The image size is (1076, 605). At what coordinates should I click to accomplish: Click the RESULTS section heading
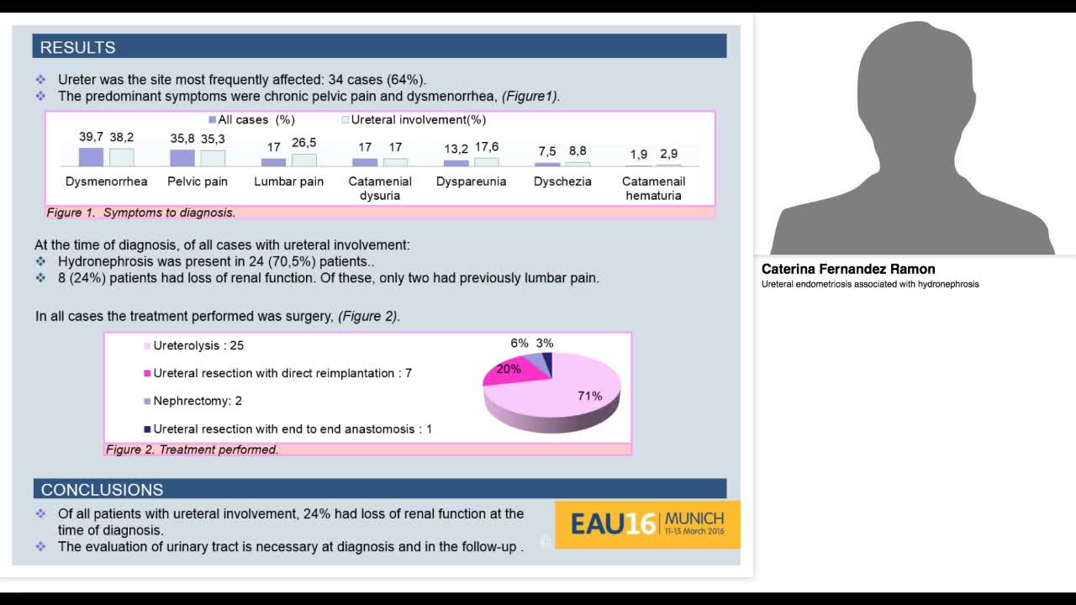point(78,47)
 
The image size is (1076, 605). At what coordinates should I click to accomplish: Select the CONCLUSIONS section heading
point(102,489)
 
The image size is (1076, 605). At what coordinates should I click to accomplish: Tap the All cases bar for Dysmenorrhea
point(91,157)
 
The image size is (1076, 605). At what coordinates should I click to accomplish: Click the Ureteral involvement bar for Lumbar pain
point(304,160)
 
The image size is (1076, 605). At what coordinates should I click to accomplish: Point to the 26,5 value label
point(304,143)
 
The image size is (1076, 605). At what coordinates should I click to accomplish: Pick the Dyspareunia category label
point(471,181)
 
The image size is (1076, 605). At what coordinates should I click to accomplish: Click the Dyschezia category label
point(562,181)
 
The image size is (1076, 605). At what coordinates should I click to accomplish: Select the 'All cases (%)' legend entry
point(251,120)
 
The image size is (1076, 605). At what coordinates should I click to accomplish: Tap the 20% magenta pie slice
point(508,371)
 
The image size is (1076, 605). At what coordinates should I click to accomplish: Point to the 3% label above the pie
point(545,343)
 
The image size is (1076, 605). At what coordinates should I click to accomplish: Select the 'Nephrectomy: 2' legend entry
point(197,401)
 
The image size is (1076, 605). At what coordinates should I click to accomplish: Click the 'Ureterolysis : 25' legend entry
point(198,345)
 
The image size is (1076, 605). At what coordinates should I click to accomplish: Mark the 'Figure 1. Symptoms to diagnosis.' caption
point(141,213)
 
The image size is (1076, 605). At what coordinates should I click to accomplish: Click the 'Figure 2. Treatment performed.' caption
point(192,450)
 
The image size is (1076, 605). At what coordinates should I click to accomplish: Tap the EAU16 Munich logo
point(647,524)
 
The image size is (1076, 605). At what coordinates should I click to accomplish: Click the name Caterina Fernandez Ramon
point(848,269)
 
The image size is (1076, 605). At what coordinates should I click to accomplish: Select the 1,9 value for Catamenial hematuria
point(639,154)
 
